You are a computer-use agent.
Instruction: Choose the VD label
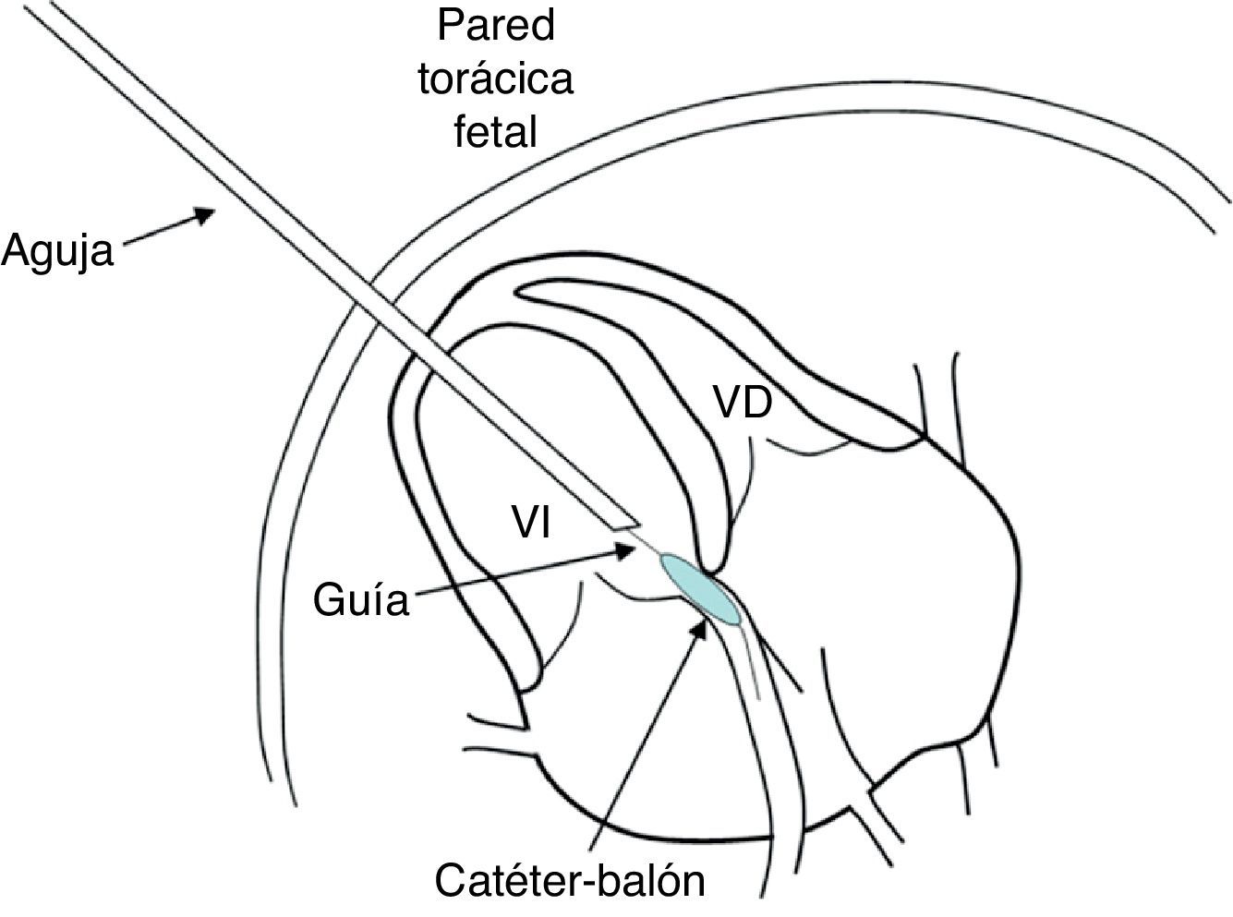pos(741,403)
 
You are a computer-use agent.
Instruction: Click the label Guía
pos(360,601)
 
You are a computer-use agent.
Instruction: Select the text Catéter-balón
pos(570,881)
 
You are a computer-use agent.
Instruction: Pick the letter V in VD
pos(725,403)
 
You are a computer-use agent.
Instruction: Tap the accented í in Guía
pos(376,601)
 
